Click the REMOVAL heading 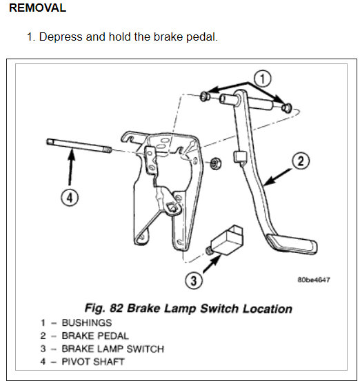37,8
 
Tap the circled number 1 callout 262,79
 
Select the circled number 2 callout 301,161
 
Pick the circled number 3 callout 194,280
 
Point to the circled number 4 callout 70,198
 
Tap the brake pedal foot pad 292,245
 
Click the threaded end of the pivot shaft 107,150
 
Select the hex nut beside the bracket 215,163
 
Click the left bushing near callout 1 205,96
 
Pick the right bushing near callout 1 287,107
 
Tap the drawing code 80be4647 314,280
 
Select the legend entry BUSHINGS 87,322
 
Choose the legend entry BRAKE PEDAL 95,336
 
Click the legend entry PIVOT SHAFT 93,362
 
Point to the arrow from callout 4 71,168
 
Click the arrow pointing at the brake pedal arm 277,178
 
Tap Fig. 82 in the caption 104,309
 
